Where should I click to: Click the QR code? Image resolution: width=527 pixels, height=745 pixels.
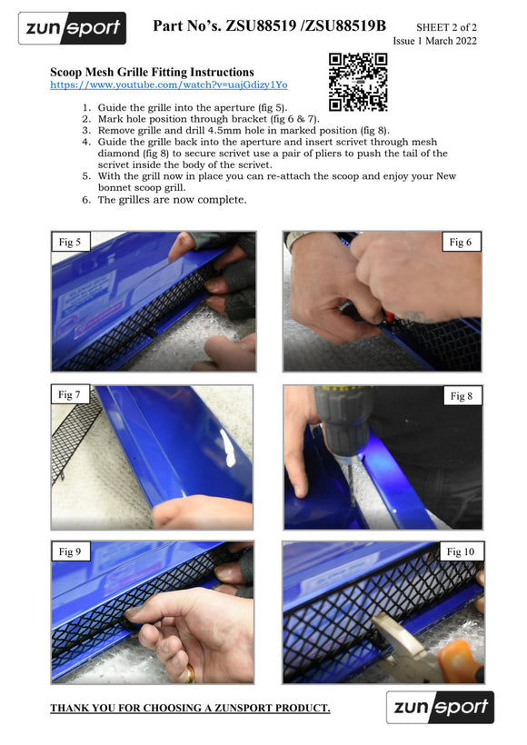coord(358,82)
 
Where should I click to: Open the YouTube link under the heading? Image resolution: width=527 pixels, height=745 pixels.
coord(169,85)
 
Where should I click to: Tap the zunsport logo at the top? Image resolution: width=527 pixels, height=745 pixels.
coord(72,28)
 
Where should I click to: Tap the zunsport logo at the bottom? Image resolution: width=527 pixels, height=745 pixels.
coord(440,707)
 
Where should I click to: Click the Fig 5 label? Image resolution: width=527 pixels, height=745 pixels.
coord(70,242)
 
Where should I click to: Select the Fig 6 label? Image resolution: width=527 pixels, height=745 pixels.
coord(461,242)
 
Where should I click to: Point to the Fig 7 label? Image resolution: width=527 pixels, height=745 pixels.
coord(69,394)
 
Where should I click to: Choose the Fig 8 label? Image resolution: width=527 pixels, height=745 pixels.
coord(462,396)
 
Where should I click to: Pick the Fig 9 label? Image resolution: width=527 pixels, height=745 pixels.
coord(70,551)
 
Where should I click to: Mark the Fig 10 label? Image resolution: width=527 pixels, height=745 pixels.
coord(461,551)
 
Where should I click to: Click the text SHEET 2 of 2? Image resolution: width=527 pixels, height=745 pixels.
coord(446,27)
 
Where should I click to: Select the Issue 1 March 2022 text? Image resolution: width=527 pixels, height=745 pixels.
coord(434,41)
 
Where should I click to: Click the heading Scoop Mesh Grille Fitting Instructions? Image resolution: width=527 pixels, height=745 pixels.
coord(152,72)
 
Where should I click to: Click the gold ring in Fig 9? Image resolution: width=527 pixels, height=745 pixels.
coord(190,674)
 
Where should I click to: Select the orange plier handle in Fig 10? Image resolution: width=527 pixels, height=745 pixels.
coord(460,661)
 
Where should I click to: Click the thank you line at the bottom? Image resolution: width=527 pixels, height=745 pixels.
coord(190,708)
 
